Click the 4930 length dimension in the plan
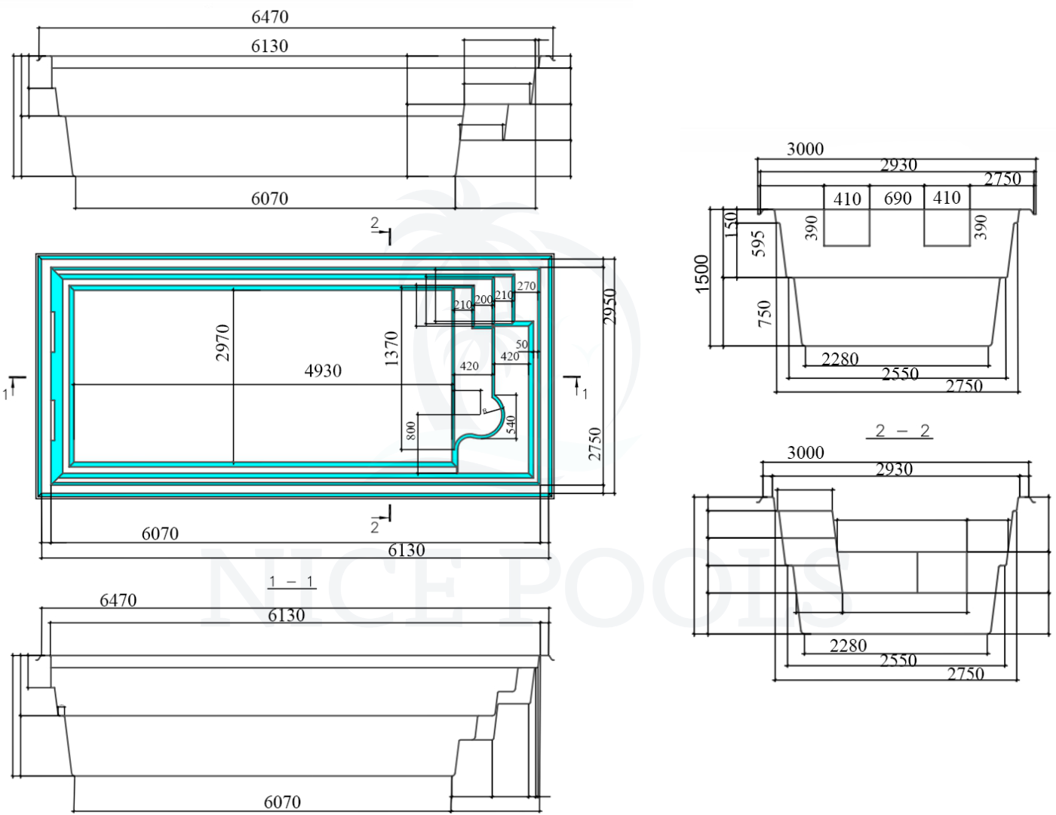[323, 371]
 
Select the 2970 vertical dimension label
[223, 342]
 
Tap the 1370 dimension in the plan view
[391, 349]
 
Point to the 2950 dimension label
[610, 306]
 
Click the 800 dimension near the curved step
[411, 431]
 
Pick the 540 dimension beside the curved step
[511, 425]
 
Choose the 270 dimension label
[526, 286]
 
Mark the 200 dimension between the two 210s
[483, 300]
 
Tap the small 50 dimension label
[521, 345]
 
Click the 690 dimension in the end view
[897, 198]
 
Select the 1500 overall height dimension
[702, 274]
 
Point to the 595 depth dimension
[760, 243]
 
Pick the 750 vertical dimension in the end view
[764, 312]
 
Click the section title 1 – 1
[291, 582]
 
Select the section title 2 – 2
[902, 431]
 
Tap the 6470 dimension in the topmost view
[270, 17]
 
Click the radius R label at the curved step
[484, 411]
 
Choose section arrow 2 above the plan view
[381, 229]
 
